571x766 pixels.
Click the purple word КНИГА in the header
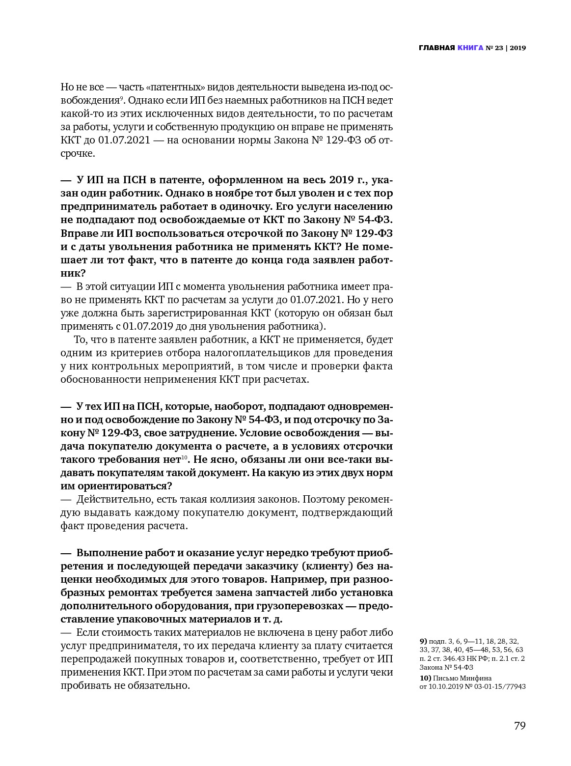pyautogui.click(x=470, y=48)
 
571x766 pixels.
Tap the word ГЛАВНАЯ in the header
pyautogui.click(x=436, y=48)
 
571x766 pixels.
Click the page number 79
pyautogui.click(x=520, y=726)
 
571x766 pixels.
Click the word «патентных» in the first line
pyautogui.click(x=175, y=87)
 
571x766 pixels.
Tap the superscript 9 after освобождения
pyautogui.click(x=122, y=98)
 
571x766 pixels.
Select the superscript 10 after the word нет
pyautogui.click(x=185, y=458)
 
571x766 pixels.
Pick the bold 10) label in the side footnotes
pyautogui.click(x=425, y=678)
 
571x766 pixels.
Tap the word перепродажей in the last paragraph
pyautogui.click(x=93, y=659)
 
